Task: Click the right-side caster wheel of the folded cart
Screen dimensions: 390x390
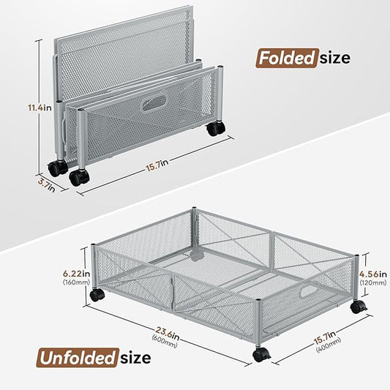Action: [215, 129]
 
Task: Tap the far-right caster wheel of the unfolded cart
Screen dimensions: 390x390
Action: [356, 307]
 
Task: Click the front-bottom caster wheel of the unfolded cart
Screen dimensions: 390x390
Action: [261, 354]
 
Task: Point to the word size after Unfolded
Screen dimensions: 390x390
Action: [135, 358]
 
